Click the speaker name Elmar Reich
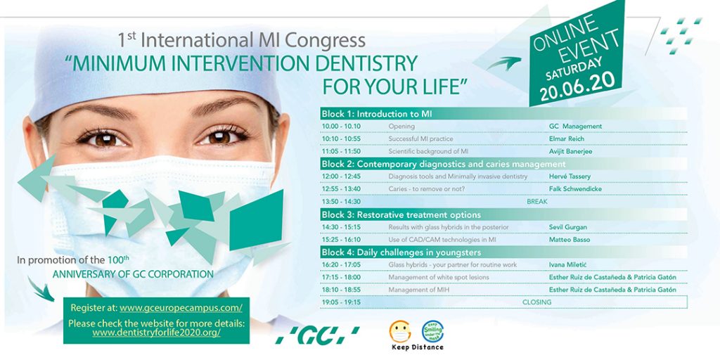click(566, 139)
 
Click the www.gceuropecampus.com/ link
click(181, 307)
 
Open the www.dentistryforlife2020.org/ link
click(156, 332)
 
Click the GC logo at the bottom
click(317, 335)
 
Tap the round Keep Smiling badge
click(432, 330)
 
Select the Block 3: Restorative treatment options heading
click(401, 214)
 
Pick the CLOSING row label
click(536, 302)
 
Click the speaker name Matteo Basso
click(570, 240)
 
